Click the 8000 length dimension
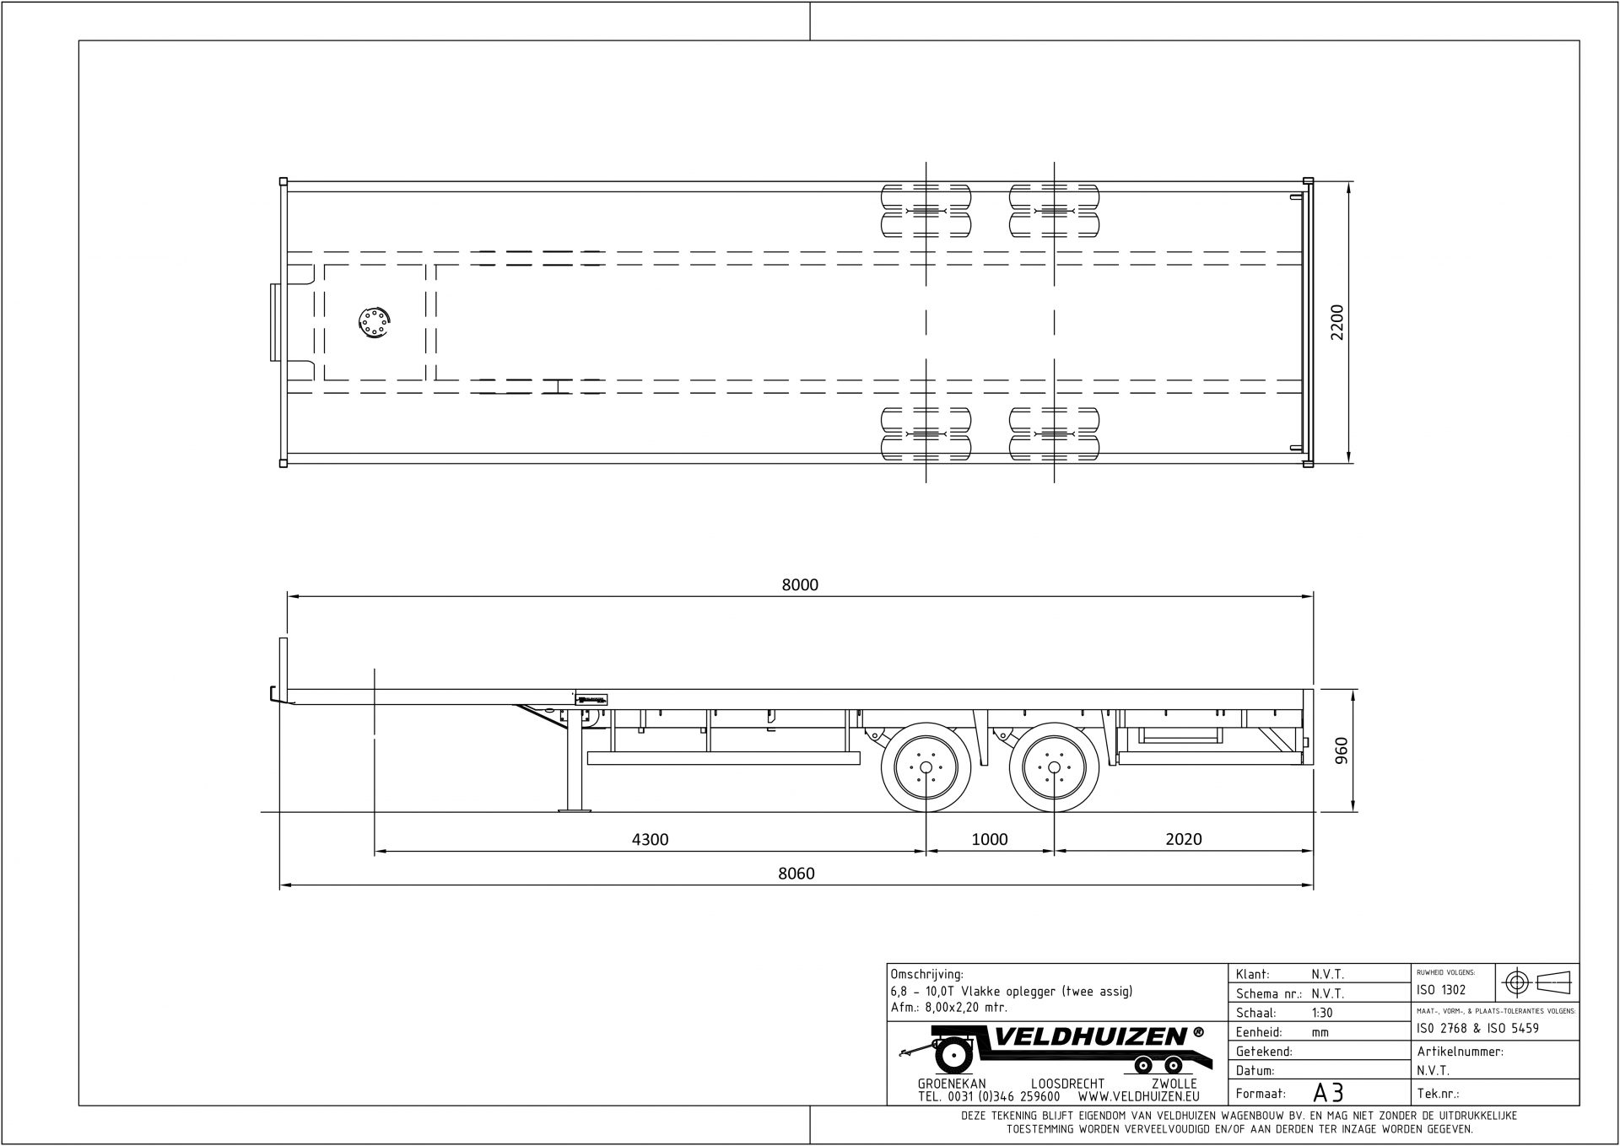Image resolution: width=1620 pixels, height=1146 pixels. coord(799,584)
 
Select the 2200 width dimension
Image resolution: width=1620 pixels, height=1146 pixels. coord(1336,323)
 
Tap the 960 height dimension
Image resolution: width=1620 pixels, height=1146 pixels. coord(1342,751)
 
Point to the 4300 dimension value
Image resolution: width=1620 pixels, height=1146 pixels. coord(650,839)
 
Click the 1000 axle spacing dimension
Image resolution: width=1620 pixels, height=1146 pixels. coord(990,839)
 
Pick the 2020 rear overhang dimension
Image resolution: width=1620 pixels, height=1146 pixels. coord(1183,839)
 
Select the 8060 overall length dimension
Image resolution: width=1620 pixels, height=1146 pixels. coord(796,874)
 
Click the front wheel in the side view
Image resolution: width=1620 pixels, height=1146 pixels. coord(926,767)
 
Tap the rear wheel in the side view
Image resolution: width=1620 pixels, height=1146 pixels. coord(1055,767)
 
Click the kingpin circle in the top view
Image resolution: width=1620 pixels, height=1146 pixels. coord(372,323)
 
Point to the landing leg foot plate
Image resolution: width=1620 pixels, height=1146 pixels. coord(574,810)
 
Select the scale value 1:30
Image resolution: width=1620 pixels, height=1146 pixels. coord(1323,1013)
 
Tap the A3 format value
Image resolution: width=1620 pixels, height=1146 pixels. coord(1328,1093)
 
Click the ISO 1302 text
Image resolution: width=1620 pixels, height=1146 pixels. coord(1441,990)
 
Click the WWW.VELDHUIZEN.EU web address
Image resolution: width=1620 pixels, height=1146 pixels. coord(1138,1097)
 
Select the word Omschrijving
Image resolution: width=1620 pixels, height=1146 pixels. coord(926,974)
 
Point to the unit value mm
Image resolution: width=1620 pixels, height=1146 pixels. coord(1320,1032)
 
